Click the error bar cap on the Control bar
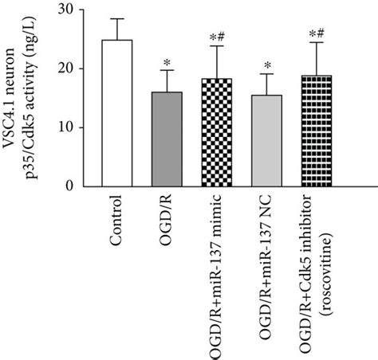coord(117,18)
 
